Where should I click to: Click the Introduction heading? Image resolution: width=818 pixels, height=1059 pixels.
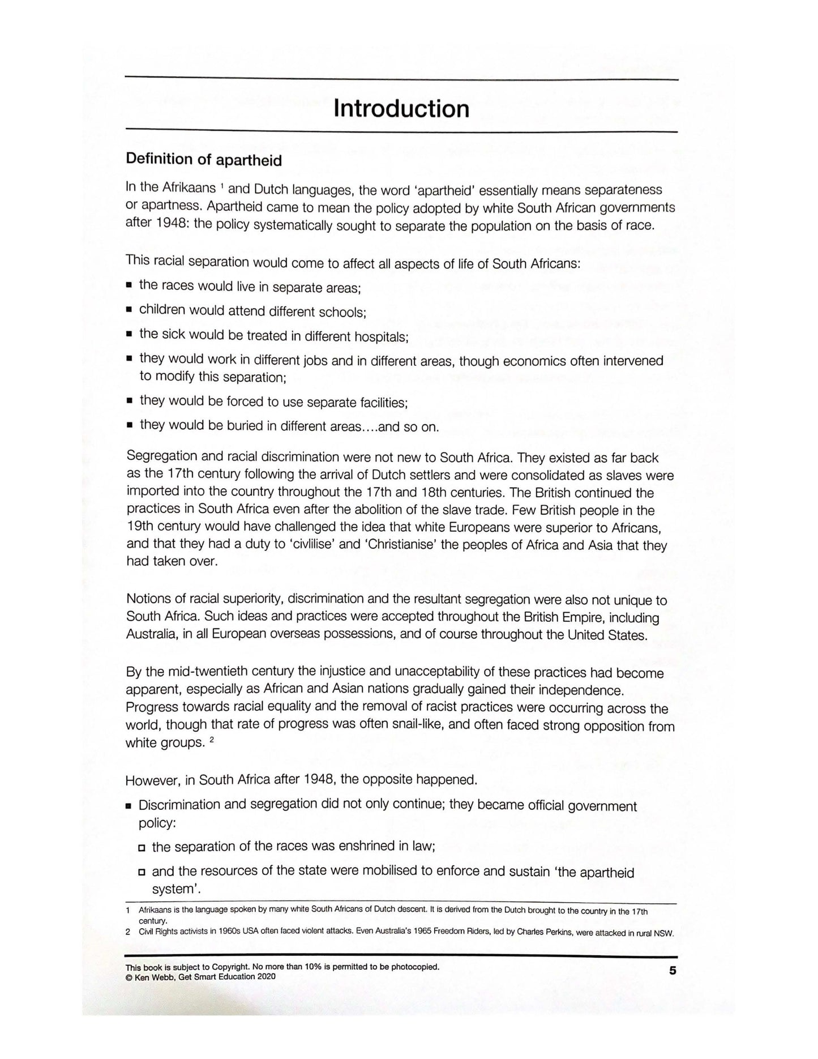(x=401, y=108)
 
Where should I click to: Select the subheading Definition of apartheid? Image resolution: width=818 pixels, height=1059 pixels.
(x=204, y=160)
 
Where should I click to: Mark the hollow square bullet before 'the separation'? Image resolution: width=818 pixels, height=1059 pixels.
(x=142, y=848)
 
